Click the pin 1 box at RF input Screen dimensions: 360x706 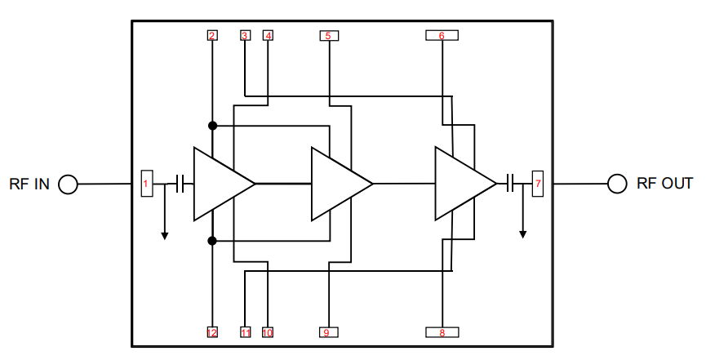(x=146, y=184)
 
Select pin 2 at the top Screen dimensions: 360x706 (x=212, y=35)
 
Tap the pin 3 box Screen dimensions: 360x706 (x=245, y=35)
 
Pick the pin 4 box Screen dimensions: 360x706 (x=268, y=35)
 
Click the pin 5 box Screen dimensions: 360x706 (x=328, y=36)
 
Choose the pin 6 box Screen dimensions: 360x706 (x=442, y=35)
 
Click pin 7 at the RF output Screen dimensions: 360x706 (x=537, y=184)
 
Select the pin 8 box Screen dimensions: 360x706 (x=442, y=332)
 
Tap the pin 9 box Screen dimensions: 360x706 (x=328, y=332)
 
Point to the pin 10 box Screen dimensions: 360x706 (x=268, y=332)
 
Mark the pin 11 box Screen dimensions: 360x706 (x=246, y=332)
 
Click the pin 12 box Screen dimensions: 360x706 (x=212, y=332)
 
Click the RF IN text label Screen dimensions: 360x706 (x=29, y=184)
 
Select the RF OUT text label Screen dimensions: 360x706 (x=664, y=184)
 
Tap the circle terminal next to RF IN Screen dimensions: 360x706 (x=68, y=184)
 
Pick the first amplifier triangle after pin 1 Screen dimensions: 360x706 (x=218, y=184)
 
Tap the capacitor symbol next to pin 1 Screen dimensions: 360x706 (x=184, y=184)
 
